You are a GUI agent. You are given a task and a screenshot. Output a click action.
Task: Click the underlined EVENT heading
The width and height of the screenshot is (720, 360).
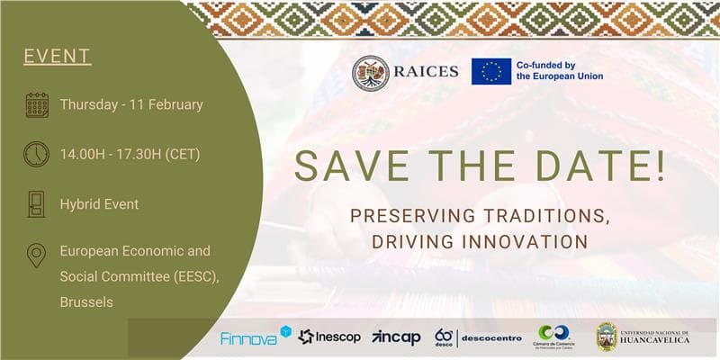click(57, 56)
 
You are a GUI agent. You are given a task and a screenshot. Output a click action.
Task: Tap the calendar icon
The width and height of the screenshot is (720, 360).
click(37, 105)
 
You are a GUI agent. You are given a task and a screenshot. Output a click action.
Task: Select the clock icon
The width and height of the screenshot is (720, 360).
click(37, 154)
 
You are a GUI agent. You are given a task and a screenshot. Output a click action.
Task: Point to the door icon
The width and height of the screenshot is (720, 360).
click(37, 203)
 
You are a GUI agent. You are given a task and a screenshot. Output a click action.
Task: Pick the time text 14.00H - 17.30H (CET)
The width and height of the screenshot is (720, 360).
click(130, 155)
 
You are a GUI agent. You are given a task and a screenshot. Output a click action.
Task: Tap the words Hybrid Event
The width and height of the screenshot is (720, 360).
click(99, 204)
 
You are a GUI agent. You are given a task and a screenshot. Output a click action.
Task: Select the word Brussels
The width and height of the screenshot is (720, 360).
click(86, 302)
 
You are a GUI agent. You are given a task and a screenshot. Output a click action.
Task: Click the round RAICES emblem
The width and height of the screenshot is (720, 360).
click(370, 73)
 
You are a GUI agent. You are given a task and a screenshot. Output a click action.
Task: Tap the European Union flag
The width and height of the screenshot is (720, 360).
click(490, 71)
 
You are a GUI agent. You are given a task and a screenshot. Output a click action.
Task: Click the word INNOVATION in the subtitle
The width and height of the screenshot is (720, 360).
click(529, 242)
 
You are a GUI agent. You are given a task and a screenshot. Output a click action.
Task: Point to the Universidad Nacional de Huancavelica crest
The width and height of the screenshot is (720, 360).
click(607, 337)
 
